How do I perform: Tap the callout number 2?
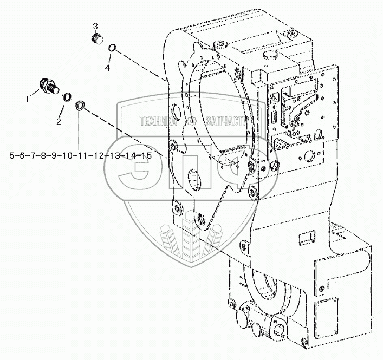point(58,121)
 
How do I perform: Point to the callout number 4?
point(107,68)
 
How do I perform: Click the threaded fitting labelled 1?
point(48,87)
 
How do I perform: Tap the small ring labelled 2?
point(68,97)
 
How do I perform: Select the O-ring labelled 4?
point(112,49)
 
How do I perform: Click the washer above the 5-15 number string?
point(80,106)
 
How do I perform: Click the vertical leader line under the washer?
point(80,133)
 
